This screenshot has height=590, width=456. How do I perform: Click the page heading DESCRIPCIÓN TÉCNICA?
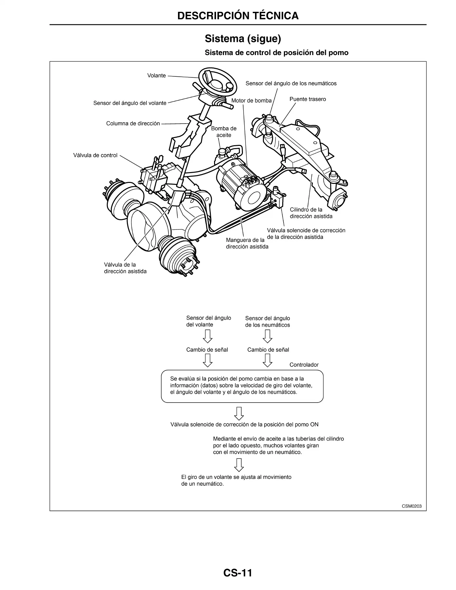click(x=238, y=15)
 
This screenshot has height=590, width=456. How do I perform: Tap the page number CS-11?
click(x=238, y=564)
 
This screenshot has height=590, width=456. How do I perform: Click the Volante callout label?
click(x=156, y=75)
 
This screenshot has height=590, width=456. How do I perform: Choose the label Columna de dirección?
click(x=133, y=124)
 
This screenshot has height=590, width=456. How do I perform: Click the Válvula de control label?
click(x=95, y=155)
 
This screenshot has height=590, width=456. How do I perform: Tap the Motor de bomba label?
click(x=251, y=101)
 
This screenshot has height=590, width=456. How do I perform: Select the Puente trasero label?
click(x=308, y=99)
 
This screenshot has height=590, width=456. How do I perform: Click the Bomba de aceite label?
click(x=224, y=132)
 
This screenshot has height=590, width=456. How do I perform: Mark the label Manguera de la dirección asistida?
click(x=247, y=243)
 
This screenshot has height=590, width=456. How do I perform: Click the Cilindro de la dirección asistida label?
click(x=311, y=213)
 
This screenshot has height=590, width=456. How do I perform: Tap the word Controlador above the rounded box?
click(x=304, y=365)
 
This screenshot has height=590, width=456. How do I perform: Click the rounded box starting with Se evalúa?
click(x=242, y=386)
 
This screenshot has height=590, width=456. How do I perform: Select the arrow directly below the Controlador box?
click(x=239, y=413)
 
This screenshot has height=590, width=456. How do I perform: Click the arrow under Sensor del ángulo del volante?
click(x=208, y=336)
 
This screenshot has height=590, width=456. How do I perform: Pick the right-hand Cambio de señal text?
click(x=268, y=350)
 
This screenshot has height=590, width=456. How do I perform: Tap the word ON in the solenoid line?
click(x=314, y=424)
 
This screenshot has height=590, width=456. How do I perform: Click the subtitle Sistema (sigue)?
click(x=243, y=39)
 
